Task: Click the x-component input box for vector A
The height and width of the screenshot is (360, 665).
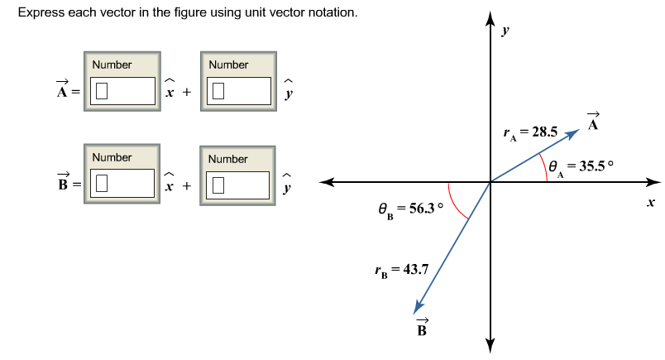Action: (x=123, y=91)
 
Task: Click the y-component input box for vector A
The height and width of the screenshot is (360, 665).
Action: (x=240, y=91)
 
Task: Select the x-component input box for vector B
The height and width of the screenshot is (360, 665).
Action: (x=123, y=185)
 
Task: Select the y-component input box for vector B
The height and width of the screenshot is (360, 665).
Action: (x=240, y=185)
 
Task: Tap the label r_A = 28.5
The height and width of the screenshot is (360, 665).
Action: (x=530, y=132)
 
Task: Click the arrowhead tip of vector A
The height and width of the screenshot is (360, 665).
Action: (x=578, y=128)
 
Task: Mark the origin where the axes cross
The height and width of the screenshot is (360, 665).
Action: (x=490, y=182)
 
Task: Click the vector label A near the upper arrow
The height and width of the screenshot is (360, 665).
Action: (x=593, y=123)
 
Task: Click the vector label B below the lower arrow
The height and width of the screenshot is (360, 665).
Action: (x=421, y=329)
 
